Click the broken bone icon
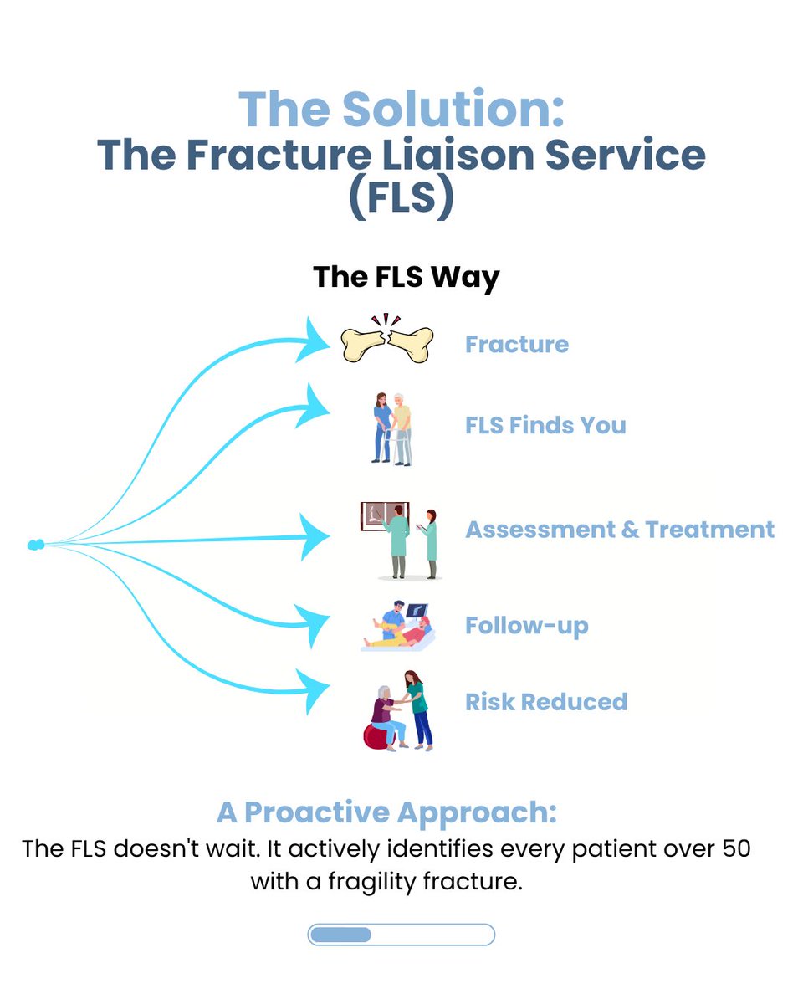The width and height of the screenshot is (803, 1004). pyautogui.click(x=386, y=343)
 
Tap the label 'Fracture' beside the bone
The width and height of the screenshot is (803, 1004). pyautogui.click(x=516, y=344)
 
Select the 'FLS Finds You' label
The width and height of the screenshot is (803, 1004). pyautogui.click(x=545, y=425)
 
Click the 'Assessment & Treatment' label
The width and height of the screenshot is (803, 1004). pyautogui.click(x=620, y=530)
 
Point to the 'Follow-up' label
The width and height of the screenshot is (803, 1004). pyautogui.click(x=526, y=626)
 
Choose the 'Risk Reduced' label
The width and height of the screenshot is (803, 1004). pyautogui.click(x=545, y=701)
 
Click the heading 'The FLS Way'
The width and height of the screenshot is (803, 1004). pyautogui.click(x=406, y=276)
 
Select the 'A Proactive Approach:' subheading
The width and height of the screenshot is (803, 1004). pyautogui.click(x=386, y=812)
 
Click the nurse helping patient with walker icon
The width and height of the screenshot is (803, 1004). pyautogui.click(x=392, y=428)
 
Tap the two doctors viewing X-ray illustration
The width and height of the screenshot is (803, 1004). pyautogui.click(x=399, y=540)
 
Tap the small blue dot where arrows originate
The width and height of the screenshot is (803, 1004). pyautogui.click(x=35, y=546)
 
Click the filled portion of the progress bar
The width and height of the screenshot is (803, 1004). pyautogui.click(x=340, y=935)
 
